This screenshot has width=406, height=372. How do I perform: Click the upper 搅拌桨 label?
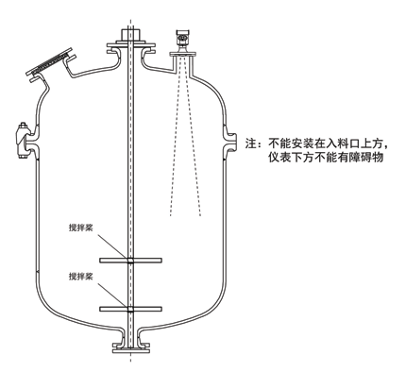[83, 228]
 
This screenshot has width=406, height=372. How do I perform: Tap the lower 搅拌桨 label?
[83, 276]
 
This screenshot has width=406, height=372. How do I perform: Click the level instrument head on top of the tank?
[179, 39]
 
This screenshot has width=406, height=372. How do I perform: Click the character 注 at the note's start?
[251, 144]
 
